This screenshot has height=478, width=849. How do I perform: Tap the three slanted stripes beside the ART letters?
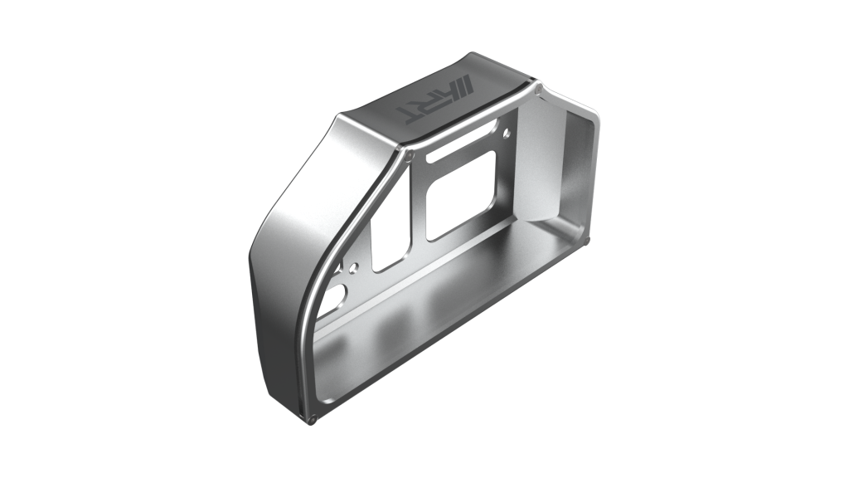point(462,86)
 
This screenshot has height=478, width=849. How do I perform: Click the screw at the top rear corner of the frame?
point(538,91)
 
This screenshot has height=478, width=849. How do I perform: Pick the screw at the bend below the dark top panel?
point(410,156)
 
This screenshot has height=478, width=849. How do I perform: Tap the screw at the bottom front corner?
point(313,419)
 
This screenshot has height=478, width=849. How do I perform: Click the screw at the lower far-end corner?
point(588,239)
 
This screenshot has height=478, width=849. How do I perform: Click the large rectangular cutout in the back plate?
point(461,196)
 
